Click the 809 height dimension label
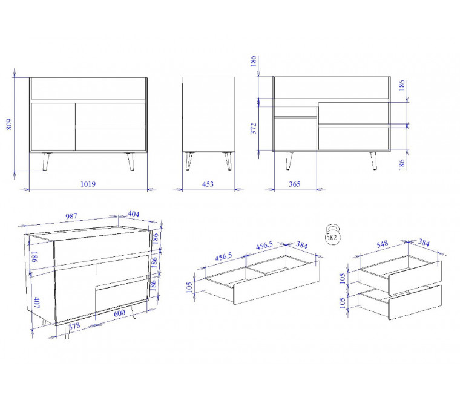(9, 124)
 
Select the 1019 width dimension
(88, 184)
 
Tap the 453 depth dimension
(208, 184)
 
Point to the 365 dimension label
(295, 184)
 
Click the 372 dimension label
(254, 128)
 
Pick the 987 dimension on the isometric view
(71, 216)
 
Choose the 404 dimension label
(134, 214)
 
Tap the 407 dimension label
(37, 302)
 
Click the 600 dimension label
(119, 313)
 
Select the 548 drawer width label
(383, 244)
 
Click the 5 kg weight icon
(333, 235)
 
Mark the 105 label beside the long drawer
(189, 287)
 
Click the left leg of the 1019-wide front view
(46, 161)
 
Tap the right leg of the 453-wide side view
(228, 161)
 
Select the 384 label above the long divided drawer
(301, 244)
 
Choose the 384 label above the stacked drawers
(424, 243)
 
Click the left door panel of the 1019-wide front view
(53, 126)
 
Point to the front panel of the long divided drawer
(277, 282)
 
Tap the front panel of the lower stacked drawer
(415, 302)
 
